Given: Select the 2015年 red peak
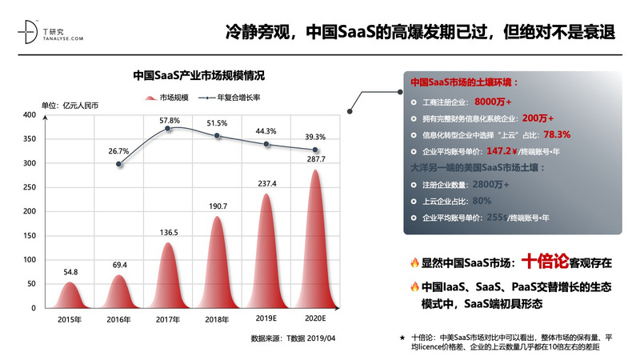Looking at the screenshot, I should tap(70, 296).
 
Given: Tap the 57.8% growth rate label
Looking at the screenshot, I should tap(168, 120).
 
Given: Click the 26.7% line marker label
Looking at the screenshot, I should tap(118, 150).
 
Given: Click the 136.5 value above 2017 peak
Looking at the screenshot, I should tap(168, 233).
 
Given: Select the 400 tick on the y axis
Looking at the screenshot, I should tap(29, 115).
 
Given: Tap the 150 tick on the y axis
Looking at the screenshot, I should tap(29, 236).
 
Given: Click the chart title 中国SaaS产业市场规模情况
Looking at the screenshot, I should tap(198, 76).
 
